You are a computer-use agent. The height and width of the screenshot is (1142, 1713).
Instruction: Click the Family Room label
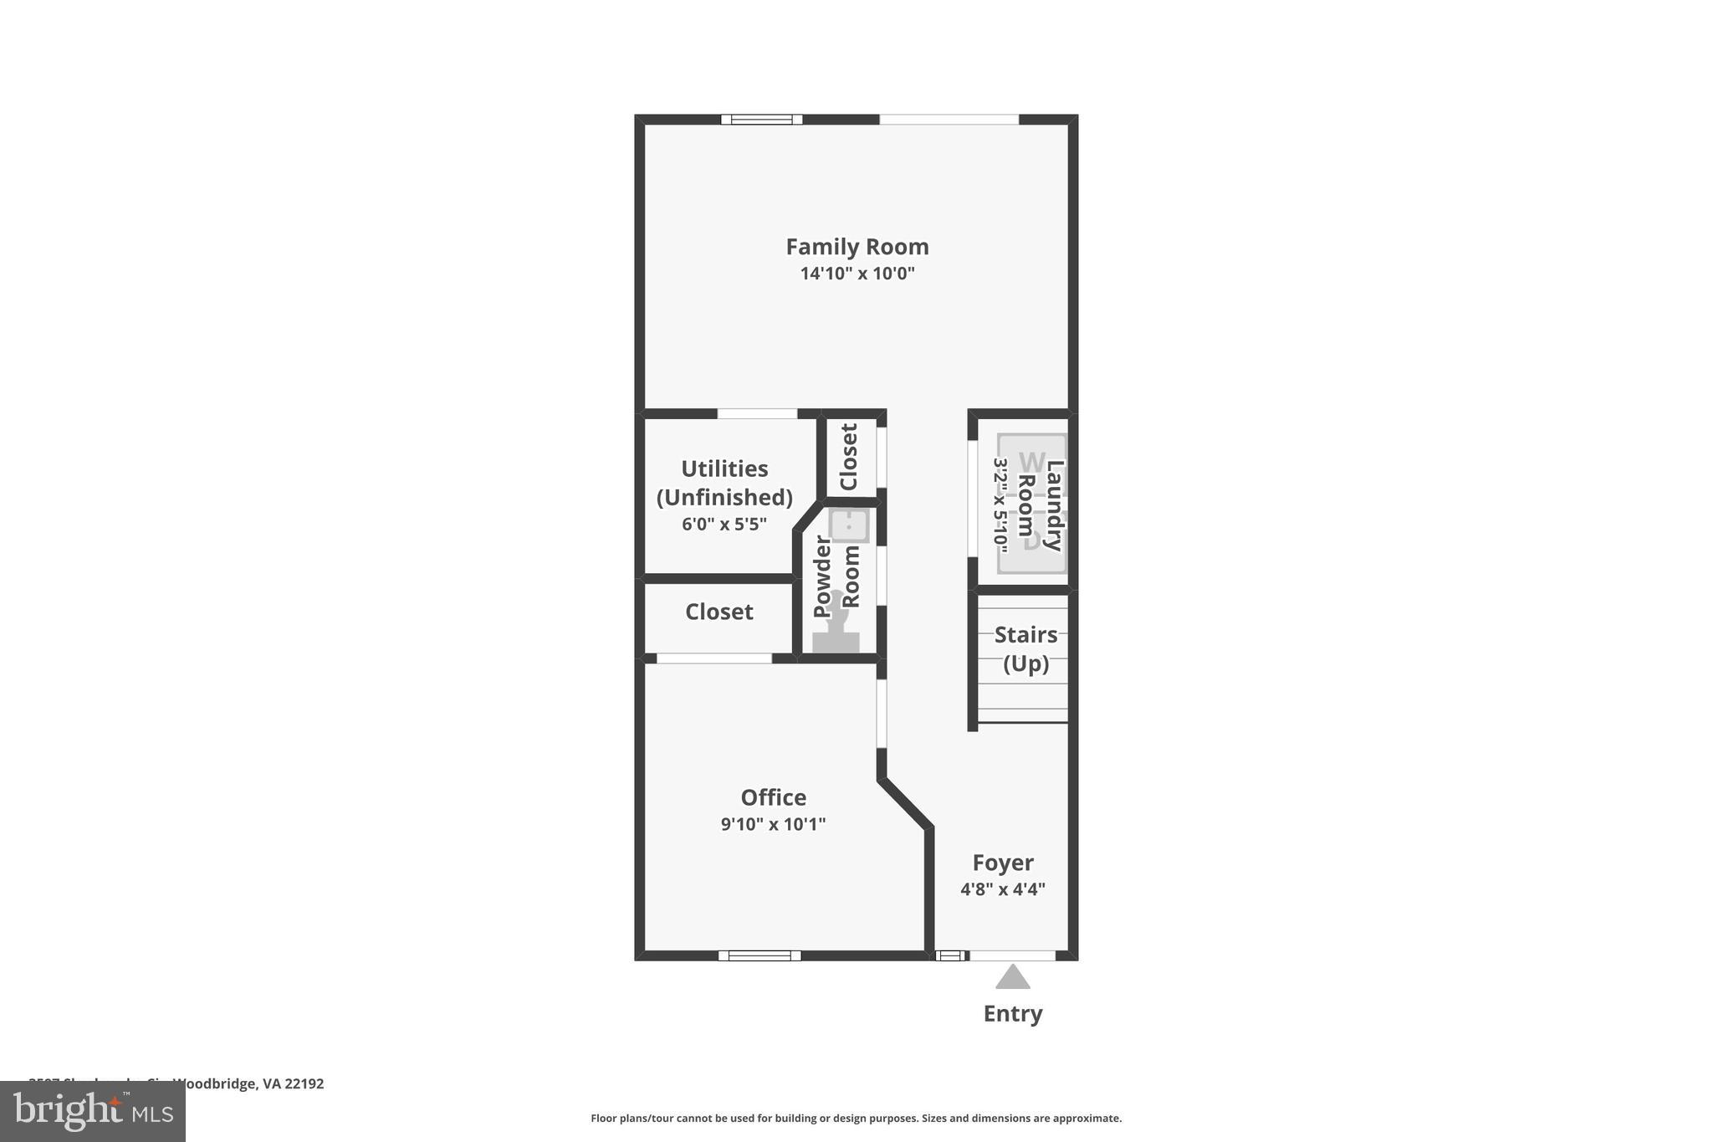(x=856, y=247)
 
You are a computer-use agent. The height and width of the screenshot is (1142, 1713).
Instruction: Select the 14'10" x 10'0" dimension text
(x=856, y=274)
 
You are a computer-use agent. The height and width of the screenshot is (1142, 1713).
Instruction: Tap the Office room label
(x=773, y=797)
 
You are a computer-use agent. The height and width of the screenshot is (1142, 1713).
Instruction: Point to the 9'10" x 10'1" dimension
(x=773, y=824)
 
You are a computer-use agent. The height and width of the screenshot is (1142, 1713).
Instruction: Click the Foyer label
(x=1002, y=863)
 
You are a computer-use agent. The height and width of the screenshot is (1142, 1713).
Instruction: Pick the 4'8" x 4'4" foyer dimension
(x=1002, y=889)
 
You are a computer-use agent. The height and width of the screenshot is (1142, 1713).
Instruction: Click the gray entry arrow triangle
(x=1012, y=977)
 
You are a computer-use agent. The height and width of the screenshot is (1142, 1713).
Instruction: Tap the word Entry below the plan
(x=1012, y=1014)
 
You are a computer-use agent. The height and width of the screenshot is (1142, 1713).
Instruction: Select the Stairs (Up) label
(x=1025, y=648)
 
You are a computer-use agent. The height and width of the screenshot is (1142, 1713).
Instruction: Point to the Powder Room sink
(x=849, y=526)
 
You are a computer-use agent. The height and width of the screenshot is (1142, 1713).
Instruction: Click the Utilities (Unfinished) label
(x=724, y=483)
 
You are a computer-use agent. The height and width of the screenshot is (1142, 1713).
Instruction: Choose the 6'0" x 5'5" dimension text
(x=724, y=525)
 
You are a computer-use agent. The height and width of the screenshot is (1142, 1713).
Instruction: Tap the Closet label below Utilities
(x=718, y=612)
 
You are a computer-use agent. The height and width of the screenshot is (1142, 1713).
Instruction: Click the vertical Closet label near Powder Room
(x=848, y=457)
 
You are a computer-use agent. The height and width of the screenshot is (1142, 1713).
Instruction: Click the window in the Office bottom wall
(x=759, y=955)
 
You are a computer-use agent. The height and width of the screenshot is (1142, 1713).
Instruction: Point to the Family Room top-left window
(x=761, y=120)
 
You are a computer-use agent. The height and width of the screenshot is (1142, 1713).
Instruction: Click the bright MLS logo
(x=93, y=1112)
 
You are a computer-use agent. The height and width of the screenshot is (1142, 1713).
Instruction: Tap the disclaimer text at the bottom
(x=856, y=1119)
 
